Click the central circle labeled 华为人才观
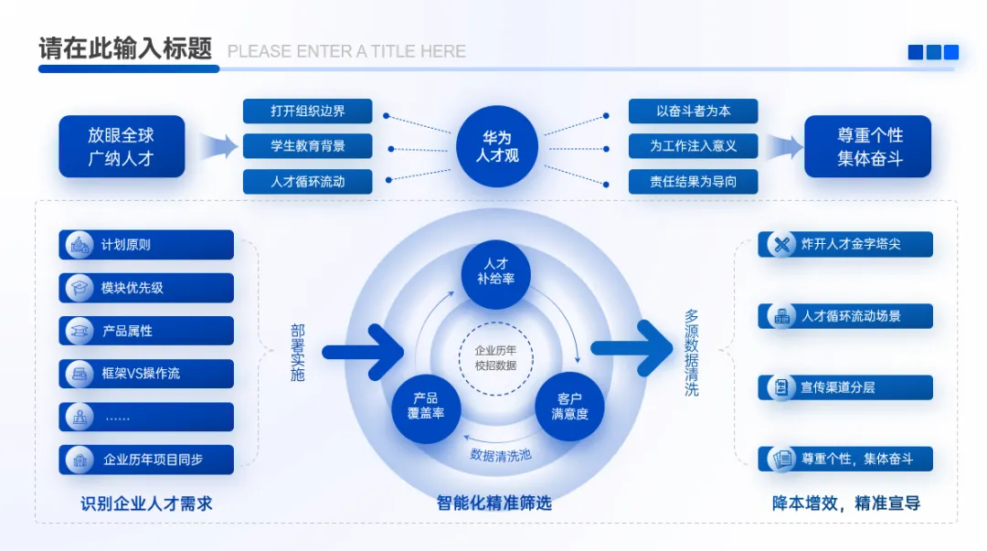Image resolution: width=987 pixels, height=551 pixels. tap(496, 146)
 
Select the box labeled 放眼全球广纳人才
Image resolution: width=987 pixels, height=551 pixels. tap(122, 146)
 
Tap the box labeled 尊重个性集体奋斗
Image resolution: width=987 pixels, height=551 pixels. tap(867, 146)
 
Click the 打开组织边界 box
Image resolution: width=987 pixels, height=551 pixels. tap(307, 111)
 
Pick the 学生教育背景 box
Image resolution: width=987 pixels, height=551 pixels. tap(307, 146)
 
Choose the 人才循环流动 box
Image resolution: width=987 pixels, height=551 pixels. tap(307, 181)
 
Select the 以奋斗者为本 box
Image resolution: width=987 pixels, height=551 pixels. tap(693, 111)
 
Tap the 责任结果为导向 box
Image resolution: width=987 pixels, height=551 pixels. tap(693, 181)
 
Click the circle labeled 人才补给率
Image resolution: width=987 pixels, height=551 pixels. tap(496, 269)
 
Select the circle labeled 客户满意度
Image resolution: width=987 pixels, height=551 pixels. tap(569, 406)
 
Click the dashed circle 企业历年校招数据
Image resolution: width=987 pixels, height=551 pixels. tap(495, 357)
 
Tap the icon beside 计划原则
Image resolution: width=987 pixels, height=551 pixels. tap(80, 245)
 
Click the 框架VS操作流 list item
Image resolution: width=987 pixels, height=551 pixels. tap(146, 374)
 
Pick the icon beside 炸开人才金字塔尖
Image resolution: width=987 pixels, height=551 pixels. tap(781, 244)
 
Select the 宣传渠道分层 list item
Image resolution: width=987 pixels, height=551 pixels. tap(845, 387)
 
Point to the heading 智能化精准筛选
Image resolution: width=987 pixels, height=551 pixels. tap(493, 503)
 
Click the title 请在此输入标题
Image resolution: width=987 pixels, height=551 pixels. tap(125, 49)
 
